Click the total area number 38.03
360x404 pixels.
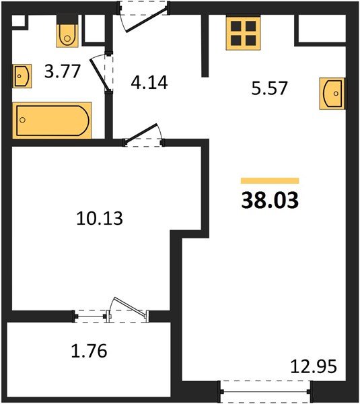pyautogui.click(x=270, y=200)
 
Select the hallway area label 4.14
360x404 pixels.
pyautogui.click(x=148, y=83)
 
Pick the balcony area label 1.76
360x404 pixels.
pyautogui.click(x=89, y=351)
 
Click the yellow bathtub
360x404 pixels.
pyautogui.click(x=52, y=120)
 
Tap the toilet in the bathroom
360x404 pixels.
pyautogui.click(x=67, y=34)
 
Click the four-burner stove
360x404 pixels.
pyautogui.click(x=243, y=32)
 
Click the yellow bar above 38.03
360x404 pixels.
pyautogui.click(x=270, y=180)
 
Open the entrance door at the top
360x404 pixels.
pyautogui.click(x=143, y=16)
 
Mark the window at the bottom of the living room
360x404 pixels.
pyautogui.click(x=267, y=388)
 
